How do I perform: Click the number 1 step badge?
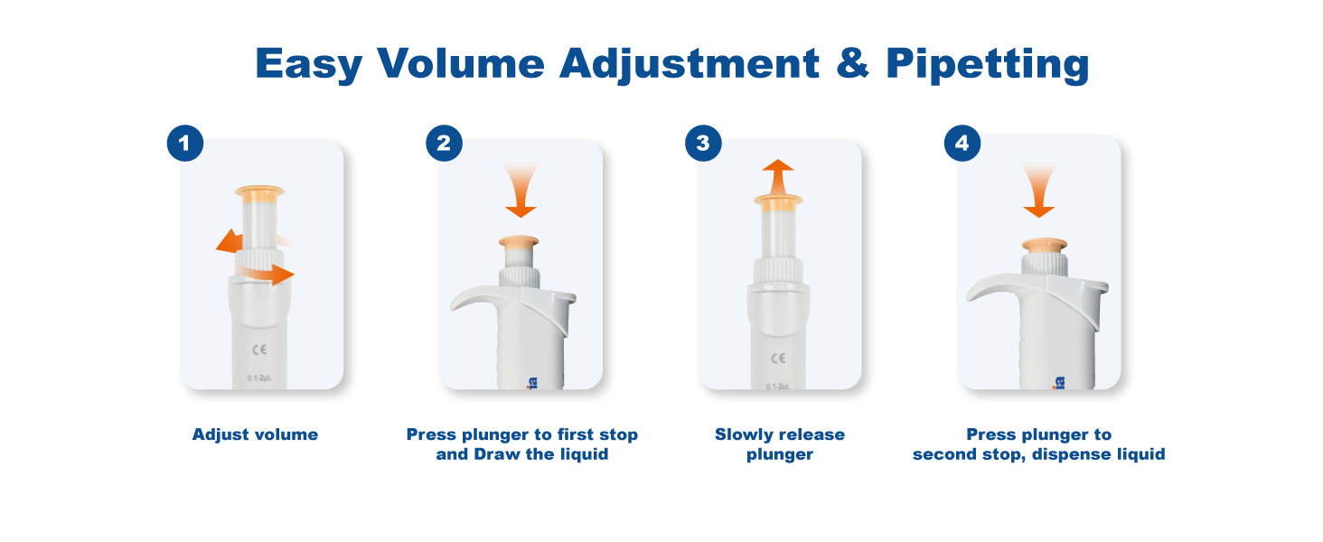[x=185, y=144]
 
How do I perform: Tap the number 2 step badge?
[x=444, y=144]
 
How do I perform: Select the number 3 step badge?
[x=703, y=144]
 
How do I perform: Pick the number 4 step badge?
[x=962, y=144]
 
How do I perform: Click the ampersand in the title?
[x=853, y=62]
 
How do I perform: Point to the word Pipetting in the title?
[x=988, y=65]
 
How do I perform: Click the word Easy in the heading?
[x=308, y=65]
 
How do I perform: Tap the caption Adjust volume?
[x=255, y=435]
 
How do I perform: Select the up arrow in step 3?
[x=778, y=176]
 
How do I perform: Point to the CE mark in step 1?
[x=260, y=350]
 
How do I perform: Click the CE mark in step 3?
[x=778, y=359]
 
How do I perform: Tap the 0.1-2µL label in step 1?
[x=259, y=378]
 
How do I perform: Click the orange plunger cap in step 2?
[x=519, y=241]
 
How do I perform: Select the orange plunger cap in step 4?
[x=1045, y=245]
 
